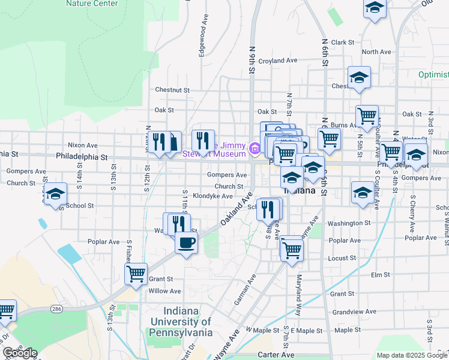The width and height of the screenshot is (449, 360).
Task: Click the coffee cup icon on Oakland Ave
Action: click(x=186, y=243)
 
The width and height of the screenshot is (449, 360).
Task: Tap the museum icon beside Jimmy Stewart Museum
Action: click(x=255, y=148)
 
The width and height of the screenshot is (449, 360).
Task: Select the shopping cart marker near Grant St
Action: click(x=136, y=274)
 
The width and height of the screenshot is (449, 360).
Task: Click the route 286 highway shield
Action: click(x=56, y=308)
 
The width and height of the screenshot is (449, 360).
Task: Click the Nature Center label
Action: click(x=92, y=3)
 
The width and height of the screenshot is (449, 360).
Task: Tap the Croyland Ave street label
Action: click(x=278, y=61)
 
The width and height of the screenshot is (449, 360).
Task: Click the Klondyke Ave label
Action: click(x=212, y=196)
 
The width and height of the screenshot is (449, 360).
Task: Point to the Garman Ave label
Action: click(x=245, y=290)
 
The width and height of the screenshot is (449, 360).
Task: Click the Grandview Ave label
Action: click(x=354, y=312)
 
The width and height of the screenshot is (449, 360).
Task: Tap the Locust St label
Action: click(x=342, y=258)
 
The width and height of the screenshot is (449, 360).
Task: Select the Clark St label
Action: click(x=343, y=43)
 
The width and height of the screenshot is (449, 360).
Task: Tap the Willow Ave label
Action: click(x=165, y=291)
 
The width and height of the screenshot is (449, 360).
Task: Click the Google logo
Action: click(x=20, y=353)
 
